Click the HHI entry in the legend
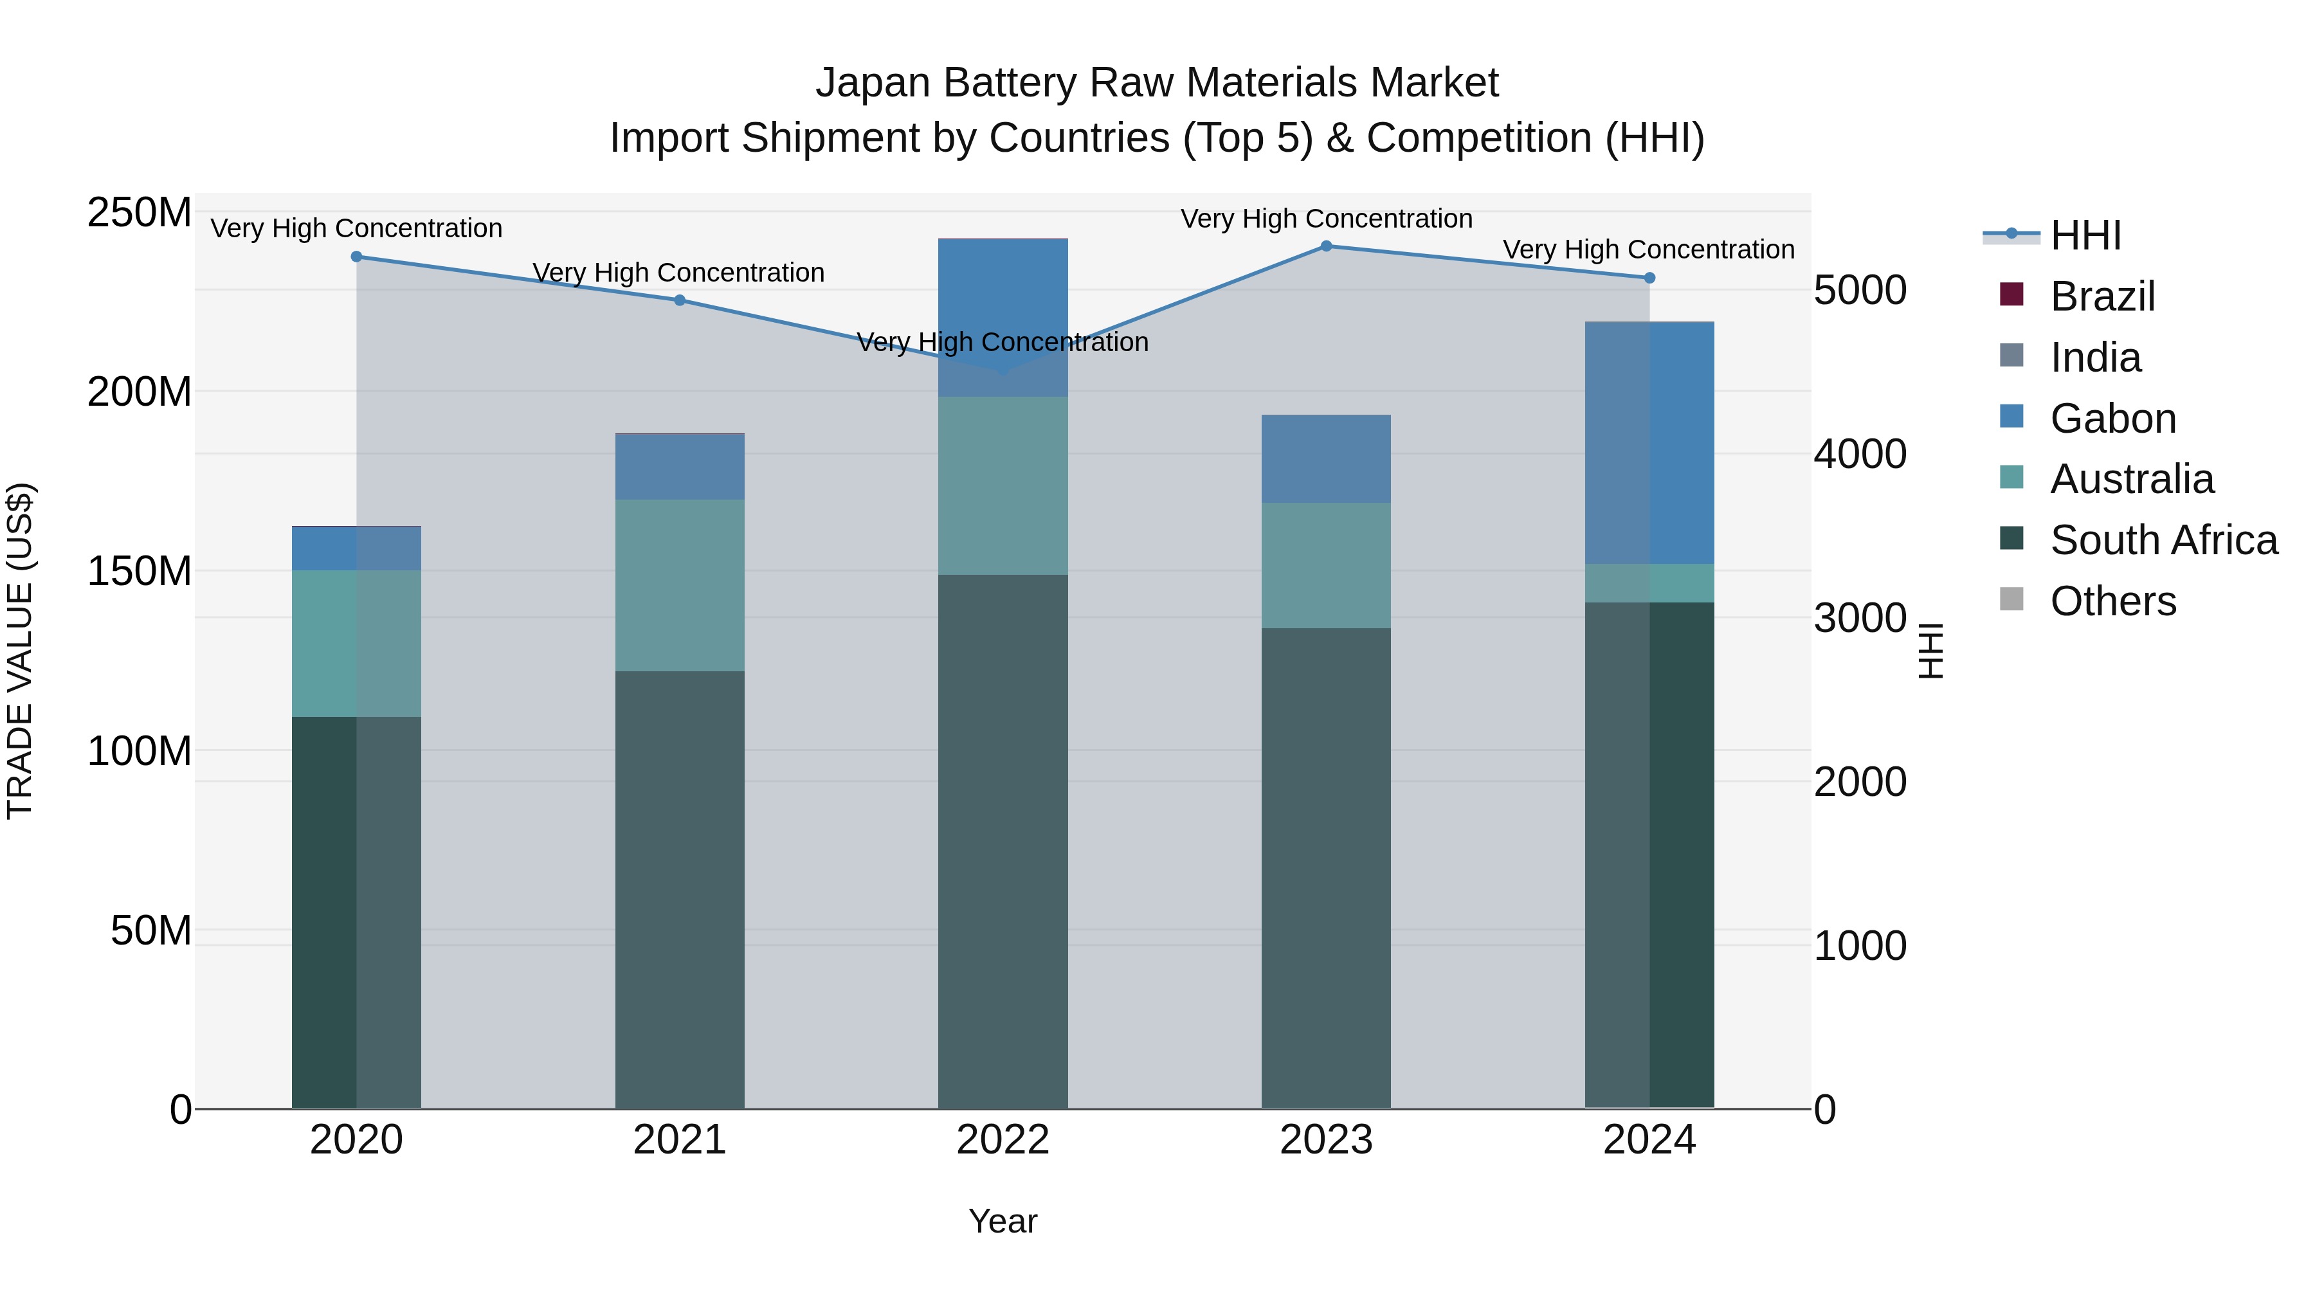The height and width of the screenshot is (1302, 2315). (2085, 235)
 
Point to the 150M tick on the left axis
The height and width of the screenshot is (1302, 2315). (140, 572)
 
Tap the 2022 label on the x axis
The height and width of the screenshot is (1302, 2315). (1003, 1140)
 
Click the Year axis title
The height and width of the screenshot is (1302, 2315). (1003, 1221)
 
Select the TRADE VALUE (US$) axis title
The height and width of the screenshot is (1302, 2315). (20, 651)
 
